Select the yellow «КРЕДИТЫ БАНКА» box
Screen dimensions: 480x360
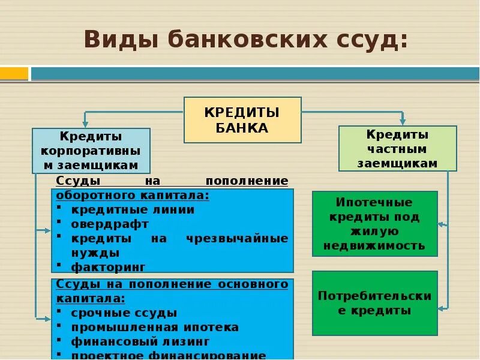(x=242, y=120)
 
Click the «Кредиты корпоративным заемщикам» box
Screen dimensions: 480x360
(x=91, y=151)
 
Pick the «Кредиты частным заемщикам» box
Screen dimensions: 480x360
(x=397, y=148)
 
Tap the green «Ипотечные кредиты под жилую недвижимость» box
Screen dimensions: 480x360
(x=374, y=224)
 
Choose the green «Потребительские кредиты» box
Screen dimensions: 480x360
(x=374, y=303)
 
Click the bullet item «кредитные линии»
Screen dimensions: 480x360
(x=133, y=210)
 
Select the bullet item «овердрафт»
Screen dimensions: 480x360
(x=110, y=224)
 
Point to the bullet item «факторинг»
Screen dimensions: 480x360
(x=108, y=266)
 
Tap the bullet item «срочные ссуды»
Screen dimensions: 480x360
(x=124, y=313)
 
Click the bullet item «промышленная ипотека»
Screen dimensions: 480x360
(x=155, y=327)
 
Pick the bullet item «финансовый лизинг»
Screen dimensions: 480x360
(x=140, y=341)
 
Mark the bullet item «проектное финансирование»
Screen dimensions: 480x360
(x=168, y=355)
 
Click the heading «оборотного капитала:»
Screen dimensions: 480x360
(x=133, y=196)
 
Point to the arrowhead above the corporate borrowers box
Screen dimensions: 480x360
(x=85, y=123)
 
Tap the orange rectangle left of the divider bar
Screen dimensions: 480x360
(x=14, y=74)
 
